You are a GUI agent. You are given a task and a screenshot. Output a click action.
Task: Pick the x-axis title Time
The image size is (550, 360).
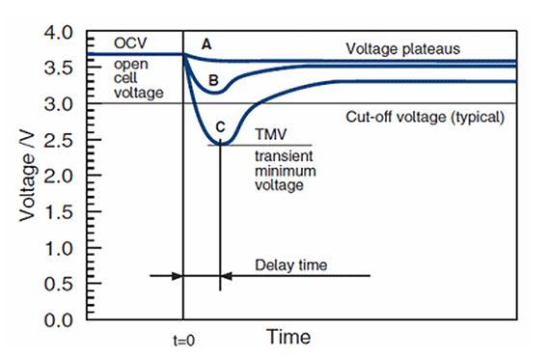(x=289, y=337)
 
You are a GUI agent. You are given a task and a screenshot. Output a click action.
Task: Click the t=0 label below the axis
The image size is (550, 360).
(x=182, y=340)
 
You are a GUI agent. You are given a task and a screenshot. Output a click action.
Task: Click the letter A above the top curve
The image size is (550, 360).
(x=205, y=43)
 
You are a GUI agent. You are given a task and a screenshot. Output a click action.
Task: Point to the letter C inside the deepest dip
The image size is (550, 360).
(x=221, y=126)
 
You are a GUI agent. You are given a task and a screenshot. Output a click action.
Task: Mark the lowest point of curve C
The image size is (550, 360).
(x=221, y=144)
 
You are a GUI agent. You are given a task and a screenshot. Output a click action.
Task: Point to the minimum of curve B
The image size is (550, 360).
(x=218, y=94)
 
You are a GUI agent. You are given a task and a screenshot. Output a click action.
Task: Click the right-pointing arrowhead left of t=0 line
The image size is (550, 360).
(x=177, y=276)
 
